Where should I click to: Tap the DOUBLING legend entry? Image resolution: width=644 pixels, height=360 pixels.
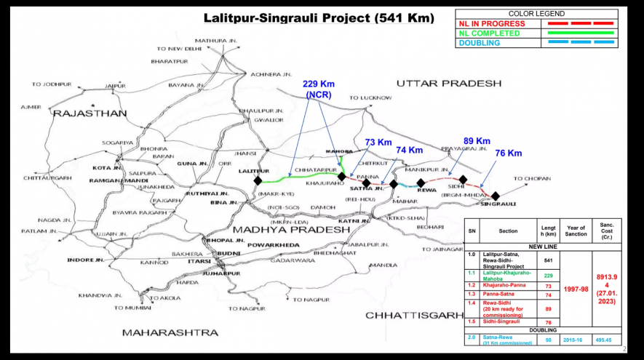tap(480, 43)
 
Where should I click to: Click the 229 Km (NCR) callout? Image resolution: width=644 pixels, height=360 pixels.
tap(319, 89)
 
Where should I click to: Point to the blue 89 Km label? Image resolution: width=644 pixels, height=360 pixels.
tap(477, 140)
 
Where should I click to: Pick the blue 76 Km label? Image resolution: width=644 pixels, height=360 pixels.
tap(508, 153)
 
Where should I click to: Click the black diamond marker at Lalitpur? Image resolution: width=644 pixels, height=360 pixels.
tap(258, 180)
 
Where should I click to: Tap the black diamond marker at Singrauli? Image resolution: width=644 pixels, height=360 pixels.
tap(495, 196)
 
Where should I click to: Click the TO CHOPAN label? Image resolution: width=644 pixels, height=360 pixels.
tap(532, 178)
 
